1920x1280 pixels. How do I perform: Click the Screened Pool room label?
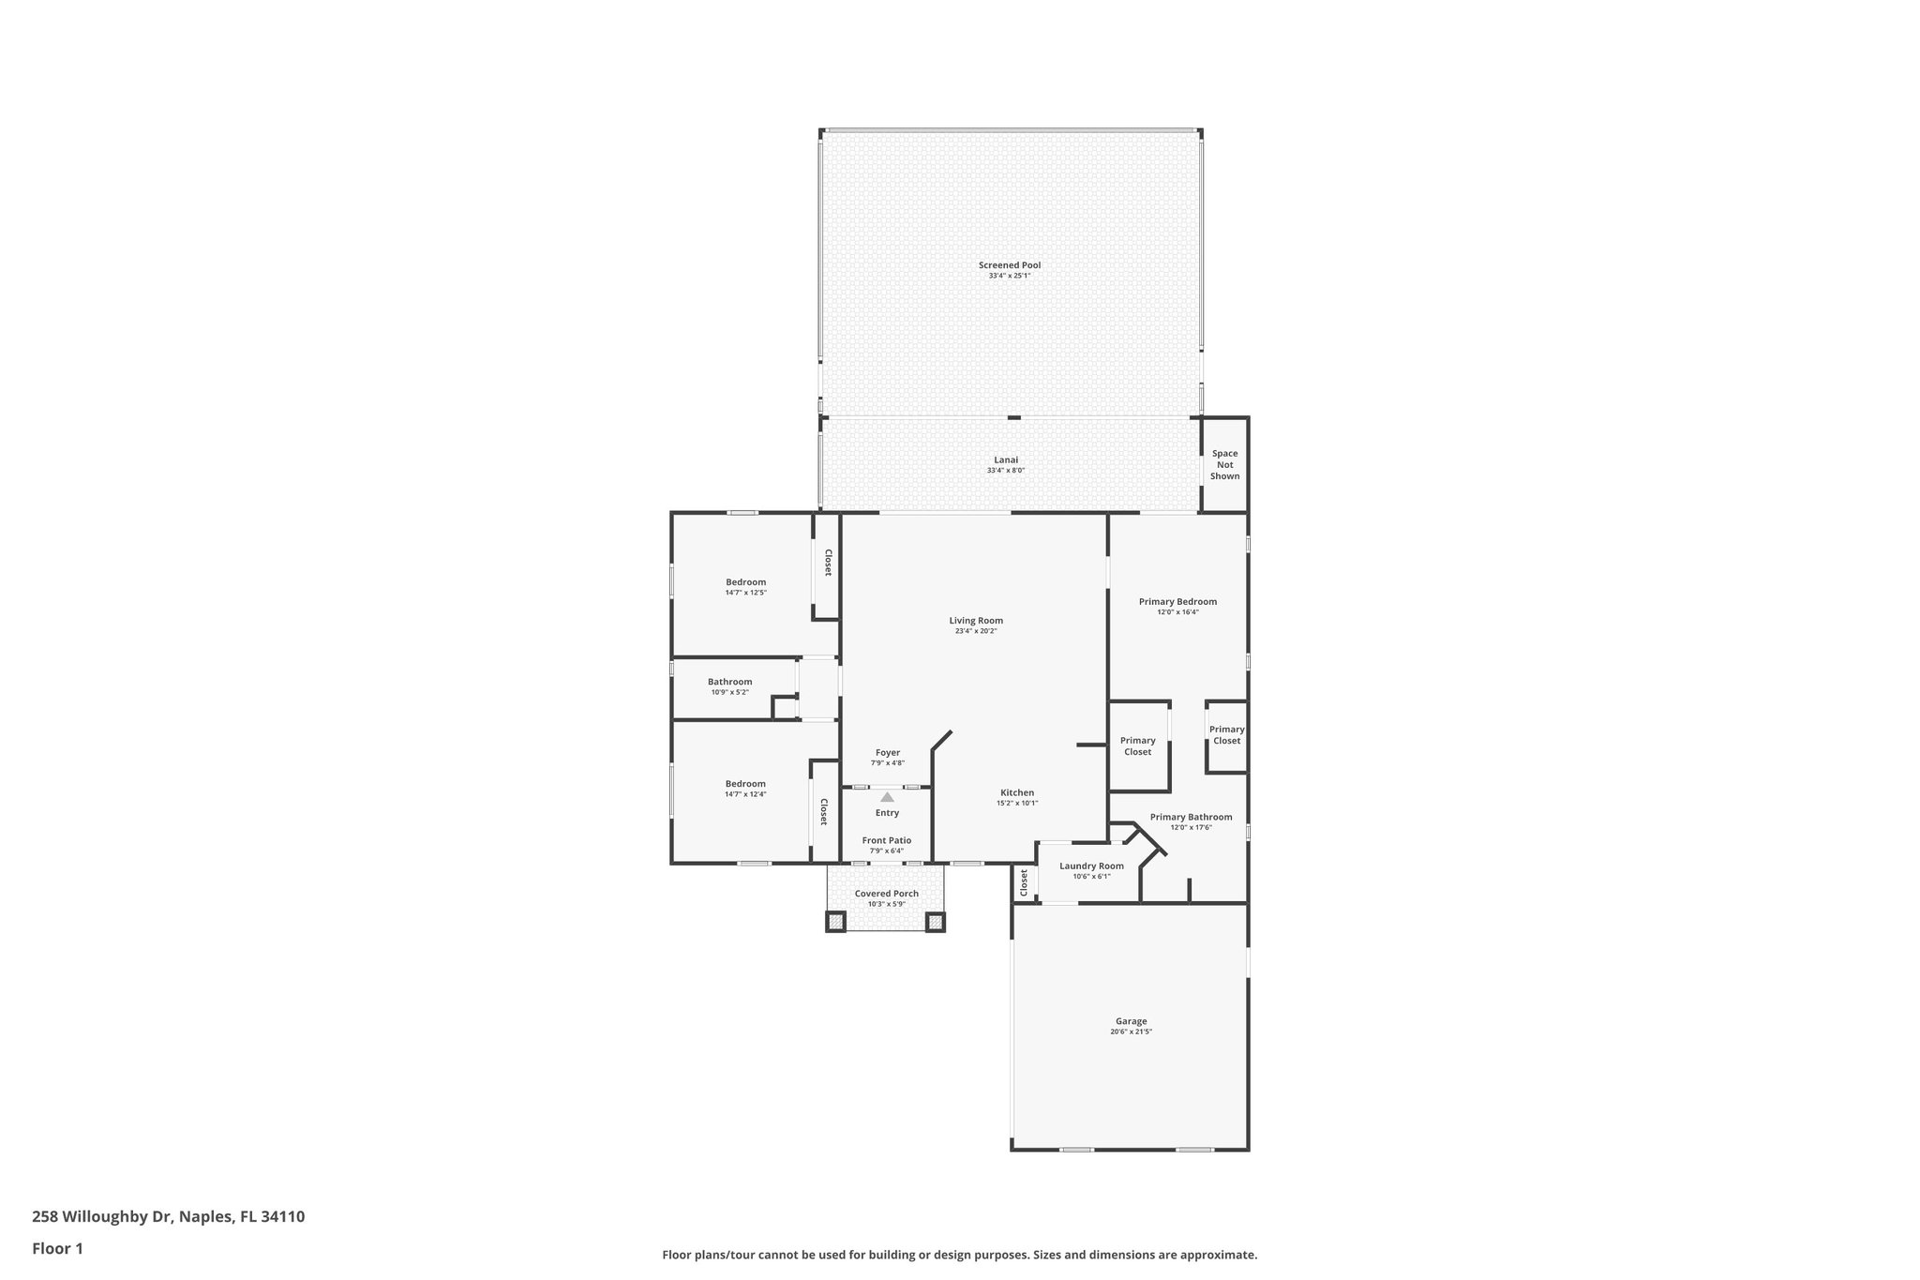1009,265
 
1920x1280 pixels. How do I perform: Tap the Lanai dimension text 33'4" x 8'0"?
1005,471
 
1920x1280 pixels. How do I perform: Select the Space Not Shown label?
1224,465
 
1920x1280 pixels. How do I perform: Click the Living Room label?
976,621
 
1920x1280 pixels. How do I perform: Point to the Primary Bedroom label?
1177,602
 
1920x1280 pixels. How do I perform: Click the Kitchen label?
1017,793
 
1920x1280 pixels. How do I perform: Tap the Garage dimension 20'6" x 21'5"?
1131,1032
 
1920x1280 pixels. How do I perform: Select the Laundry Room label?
1091,866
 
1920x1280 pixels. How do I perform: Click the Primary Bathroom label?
1191,817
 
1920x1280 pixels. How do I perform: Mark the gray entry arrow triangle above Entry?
887,797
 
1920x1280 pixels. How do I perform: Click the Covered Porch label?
886,894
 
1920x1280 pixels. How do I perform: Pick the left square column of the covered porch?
835,922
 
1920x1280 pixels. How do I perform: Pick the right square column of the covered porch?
935,922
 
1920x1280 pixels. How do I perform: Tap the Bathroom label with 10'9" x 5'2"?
729,682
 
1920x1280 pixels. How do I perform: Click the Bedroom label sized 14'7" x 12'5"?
745,582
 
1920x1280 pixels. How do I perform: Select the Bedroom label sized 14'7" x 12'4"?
745,784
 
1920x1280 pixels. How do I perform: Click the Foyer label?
887,753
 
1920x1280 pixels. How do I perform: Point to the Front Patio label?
886,840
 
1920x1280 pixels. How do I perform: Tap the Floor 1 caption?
58,1248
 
